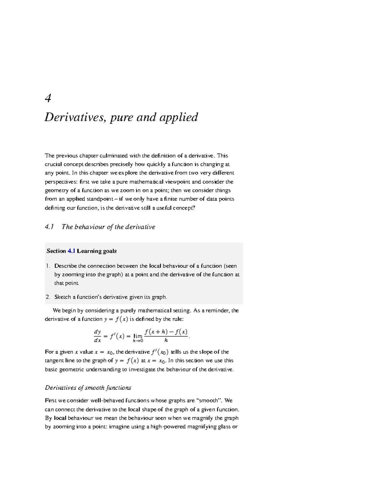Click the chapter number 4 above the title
point(48,98)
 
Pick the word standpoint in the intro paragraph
point(99,199)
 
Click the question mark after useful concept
point(194,208)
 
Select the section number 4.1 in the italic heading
point(49,227)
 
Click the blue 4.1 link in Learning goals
point(71,251)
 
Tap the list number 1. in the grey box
point(48,266)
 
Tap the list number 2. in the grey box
point(48,297)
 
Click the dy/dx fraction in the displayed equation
point(97,336)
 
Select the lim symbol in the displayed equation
point(138,336)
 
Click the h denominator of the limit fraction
point(166,340)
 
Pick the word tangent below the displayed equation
point(55,361)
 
